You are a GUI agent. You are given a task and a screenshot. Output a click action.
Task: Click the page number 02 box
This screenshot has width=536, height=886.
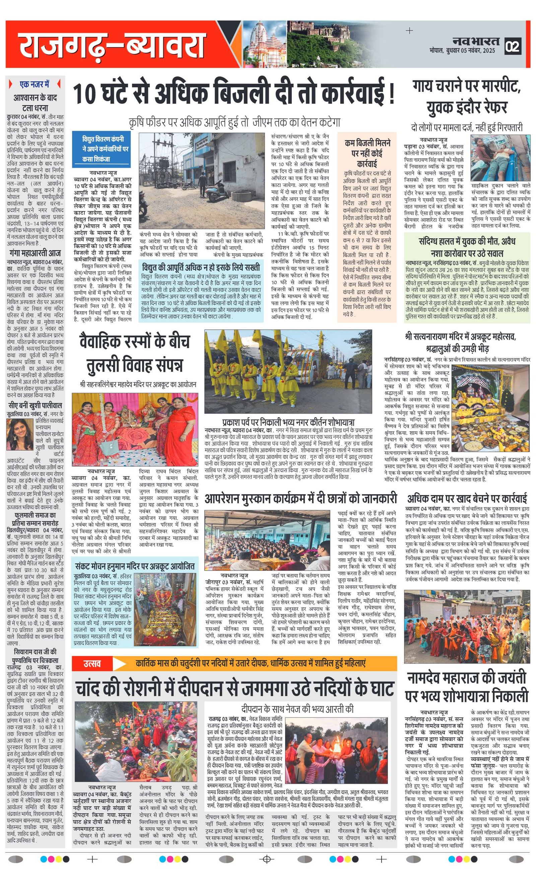[x=513, y=46]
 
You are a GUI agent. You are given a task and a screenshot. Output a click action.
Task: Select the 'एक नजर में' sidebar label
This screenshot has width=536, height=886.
[x=35, y=84]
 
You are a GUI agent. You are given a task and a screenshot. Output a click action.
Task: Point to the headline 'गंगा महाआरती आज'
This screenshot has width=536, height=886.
[x=35, y=253]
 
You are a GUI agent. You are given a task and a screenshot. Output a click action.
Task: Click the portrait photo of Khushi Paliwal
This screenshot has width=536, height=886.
[x=20, y=434]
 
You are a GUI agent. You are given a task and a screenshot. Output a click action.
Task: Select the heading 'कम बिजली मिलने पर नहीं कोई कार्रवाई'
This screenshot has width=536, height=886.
[x=367, y=153]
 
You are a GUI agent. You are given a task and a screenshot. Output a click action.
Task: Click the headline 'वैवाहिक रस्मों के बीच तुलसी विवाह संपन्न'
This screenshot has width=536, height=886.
[x=134, y=353]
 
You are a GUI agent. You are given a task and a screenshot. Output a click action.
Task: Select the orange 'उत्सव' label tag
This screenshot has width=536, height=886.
[x=92, y=663]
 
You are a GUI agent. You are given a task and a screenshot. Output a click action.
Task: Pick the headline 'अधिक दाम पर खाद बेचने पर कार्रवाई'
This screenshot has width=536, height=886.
[x=467, y=499]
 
